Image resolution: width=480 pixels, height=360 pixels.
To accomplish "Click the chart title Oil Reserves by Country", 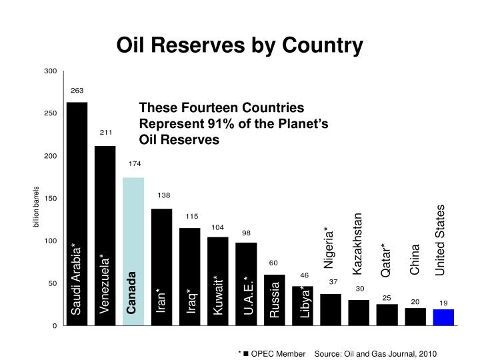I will [240, 45].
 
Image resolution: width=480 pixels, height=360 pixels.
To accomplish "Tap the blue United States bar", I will [443, 318].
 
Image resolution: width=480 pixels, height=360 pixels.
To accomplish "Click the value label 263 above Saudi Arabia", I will [77, 91].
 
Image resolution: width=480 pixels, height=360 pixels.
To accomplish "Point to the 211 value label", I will [105, 133].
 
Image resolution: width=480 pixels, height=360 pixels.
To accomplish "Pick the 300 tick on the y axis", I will [50, 71].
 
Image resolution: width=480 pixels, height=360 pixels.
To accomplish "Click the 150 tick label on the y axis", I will [50, 199].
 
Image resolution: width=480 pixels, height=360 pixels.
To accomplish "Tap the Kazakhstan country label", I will [358, 244].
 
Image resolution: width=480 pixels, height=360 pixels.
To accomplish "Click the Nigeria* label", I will [329, 248].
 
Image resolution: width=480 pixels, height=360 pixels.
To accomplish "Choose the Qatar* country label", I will [386, 259].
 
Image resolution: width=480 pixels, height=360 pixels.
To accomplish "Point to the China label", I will [415, 259].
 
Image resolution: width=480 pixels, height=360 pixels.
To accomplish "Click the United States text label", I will [441, 239].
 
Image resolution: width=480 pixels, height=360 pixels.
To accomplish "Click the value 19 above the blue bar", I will [443, 303].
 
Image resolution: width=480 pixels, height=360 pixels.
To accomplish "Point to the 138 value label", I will [163, 195].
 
